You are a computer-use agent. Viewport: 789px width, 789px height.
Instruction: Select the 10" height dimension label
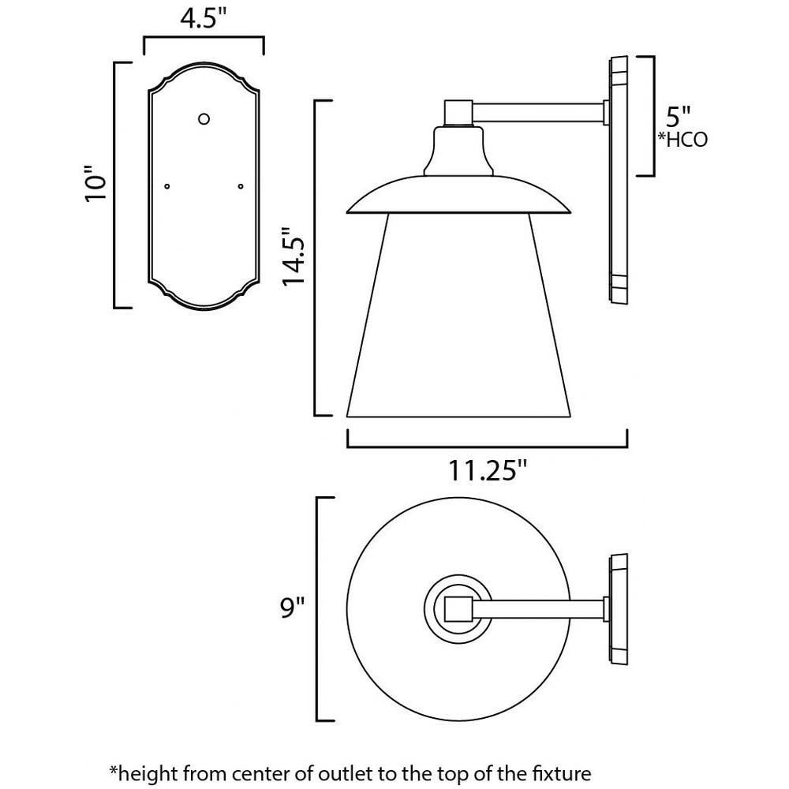tap(95, 183)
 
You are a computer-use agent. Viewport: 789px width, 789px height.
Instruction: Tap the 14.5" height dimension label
tap(294, 257)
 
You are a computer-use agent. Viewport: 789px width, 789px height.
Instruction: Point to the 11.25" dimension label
tap(487, 472)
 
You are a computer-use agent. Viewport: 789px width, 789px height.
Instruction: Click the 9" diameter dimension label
tap(293, 608)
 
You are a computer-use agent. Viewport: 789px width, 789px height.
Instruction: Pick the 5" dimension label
tap(679, 117)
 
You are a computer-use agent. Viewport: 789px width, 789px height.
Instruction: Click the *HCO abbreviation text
tap(682, 140)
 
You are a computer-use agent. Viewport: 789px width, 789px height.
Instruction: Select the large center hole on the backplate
tap(204, 119)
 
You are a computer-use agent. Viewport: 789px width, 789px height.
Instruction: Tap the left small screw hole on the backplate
tap(167, 186)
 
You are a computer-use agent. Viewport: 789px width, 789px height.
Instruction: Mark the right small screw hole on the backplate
tap(241, 186)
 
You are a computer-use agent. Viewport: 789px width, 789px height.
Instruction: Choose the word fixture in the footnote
tap(562, 773)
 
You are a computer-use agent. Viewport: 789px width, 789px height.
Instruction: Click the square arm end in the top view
tap(458, 609)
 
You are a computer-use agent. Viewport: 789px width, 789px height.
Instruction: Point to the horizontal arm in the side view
tap(538, 112)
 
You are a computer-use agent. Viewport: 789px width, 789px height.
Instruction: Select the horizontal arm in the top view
tap(537, 609)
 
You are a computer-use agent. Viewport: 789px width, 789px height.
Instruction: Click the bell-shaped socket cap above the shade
tap(458, 151)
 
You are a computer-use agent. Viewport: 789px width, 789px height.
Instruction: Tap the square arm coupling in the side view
tap(458, 113)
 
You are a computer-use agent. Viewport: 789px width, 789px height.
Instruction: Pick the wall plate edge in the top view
tap(619, 609)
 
